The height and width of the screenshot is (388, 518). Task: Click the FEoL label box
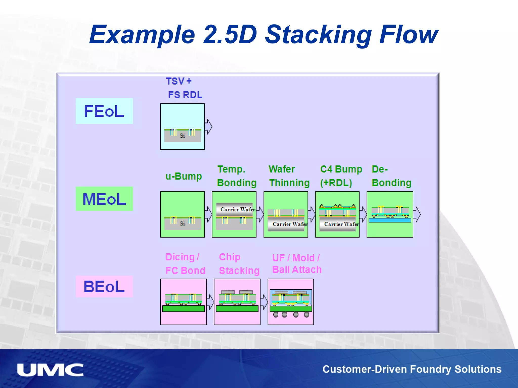coord(104,111)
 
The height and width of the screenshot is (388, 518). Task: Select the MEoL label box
coord(104,199)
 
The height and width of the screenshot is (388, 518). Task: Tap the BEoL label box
coord(104,286)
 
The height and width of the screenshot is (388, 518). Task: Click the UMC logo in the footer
coord(50,370)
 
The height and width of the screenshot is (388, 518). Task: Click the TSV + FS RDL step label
coord(184,88)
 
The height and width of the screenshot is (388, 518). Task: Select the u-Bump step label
coord(184,176)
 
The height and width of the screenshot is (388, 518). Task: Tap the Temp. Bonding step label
coord(236,176)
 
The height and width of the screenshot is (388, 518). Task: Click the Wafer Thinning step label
coord(289,176)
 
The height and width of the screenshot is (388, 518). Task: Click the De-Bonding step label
coord(391,176)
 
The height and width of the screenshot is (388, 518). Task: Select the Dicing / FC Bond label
coord(185,264)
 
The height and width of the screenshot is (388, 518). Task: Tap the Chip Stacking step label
coord(239,264)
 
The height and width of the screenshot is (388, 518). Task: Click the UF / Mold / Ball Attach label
coord(296,264)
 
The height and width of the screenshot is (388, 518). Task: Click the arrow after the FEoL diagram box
coord(208,127)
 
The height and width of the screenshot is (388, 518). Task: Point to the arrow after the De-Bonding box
coord(417,214)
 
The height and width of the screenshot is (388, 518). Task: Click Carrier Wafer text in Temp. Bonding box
coord(237,209)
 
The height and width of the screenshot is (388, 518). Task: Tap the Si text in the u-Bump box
coord(182,224)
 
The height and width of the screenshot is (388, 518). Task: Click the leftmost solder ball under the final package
coord(276,314)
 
